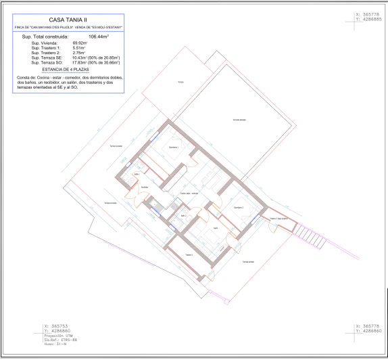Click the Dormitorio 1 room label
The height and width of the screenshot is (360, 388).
click(174, 147)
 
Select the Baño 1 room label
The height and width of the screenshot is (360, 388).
click(137, 174)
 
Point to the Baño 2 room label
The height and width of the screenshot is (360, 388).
click(183, 216)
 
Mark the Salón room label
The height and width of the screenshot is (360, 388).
click(215, 228)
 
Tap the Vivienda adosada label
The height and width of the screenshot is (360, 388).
click(239, 119)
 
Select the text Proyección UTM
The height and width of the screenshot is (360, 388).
click(57, 334)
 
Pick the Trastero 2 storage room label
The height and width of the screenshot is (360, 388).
click(279, 219)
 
